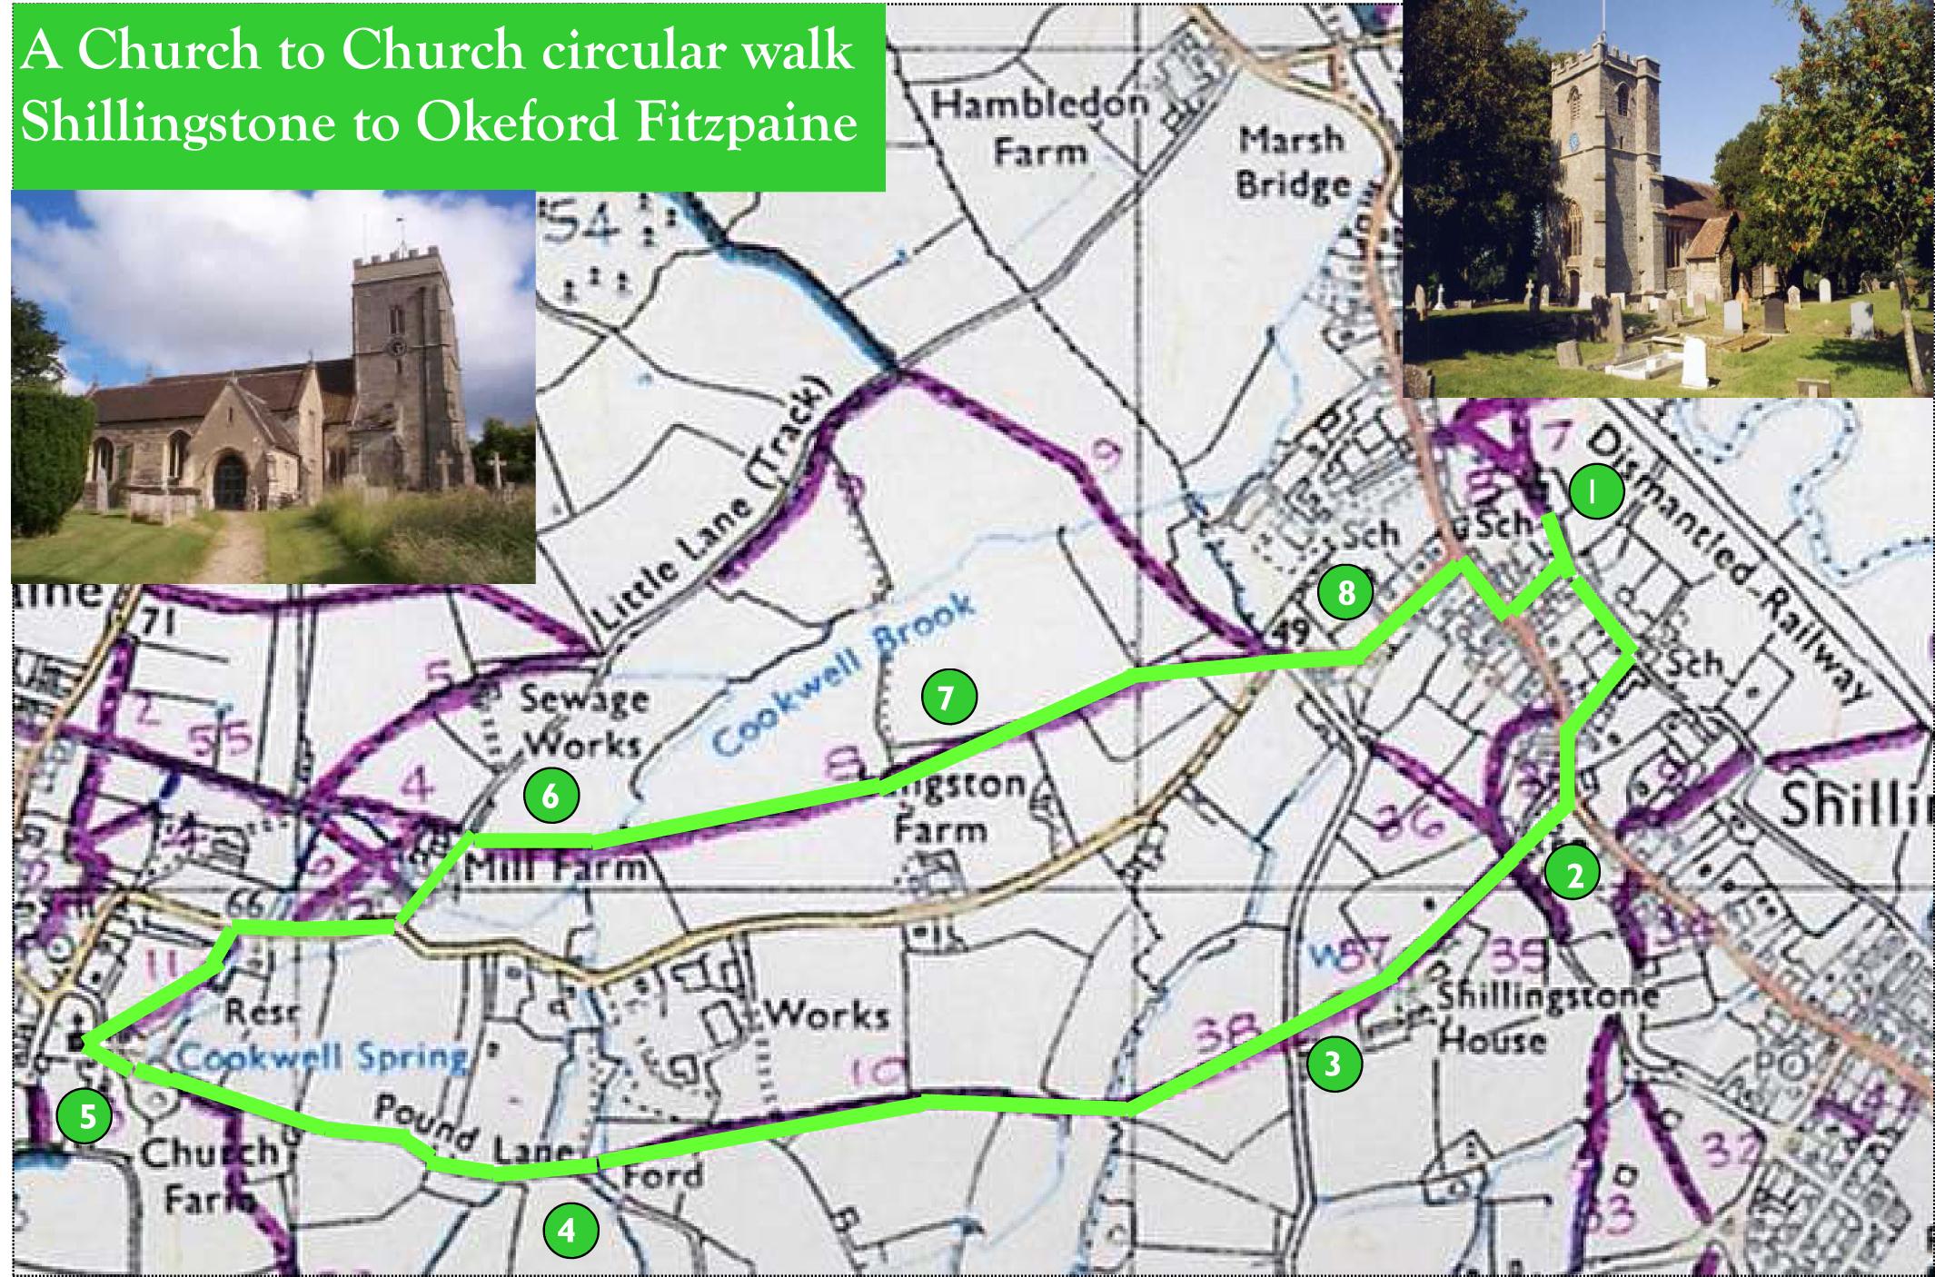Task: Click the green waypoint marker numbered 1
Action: pyautogui.click(x=1597, y=492)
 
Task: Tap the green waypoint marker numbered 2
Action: pyautogui.click(x=1574, y=874)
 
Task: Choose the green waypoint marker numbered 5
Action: pyautogui.click(x=84, y=1116)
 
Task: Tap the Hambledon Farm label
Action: pyautogui.click(x=1039, y=126)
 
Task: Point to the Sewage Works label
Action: pyautogui.click(x=581, y=721)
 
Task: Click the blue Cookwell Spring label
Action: pyautogui.click(x=322, y=1055)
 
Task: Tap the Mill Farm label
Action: pyautogui.click(x=555, y=869)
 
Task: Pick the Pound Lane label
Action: pyautogui.click(x=476, y=1133)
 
